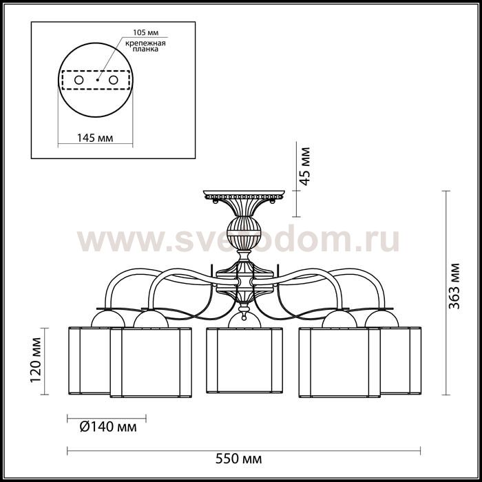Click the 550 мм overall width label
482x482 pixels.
pos(238,459)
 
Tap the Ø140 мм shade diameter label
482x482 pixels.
pos(108,427)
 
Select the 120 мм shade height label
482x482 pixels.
pos(36,360)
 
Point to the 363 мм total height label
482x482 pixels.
pos(454,286)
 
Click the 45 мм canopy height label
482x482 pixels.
pos(305,167)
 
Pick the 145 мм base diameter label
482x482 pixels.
pos(95,138)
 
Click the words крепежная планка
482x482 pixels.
pos(145,46)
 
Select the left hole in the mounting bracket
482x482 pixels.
pos(78,80)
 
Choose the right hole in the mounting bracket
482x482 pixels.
pos(113,80)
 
